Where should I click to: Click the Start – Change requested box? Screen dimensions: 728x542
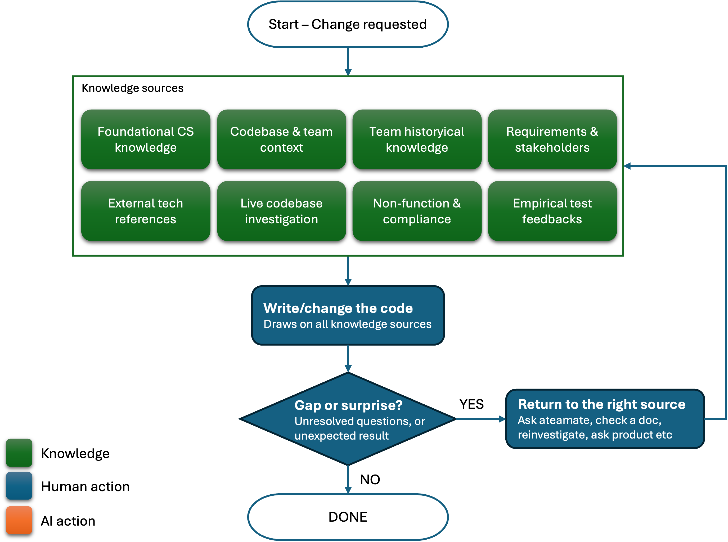tap(348, 24)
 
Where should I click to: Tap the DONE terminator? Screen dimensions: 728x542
tap(348, 517)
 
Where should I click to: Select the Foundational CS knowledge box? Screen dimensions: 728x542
tap(146, 139)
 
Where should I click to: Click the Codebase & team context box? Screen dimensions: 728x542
tap(282, 139)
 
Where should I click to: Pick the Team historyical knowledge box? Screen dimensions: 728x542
tap(417, 139)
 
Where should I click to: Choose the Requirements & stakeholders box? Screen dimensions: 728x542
tap(552, 139)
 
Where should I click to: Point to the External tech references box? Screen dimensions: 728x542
tap(146, 211)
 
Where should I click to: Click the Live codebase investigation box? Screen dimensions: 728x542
tap(282, 211)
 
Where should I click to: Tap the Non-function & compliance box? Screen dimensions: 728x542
tap(417, 211)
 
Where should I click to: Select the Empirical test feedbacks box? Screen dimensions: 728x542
tap(552, 211)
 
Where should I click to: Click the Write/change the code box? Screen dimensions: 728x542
tap(348, 315)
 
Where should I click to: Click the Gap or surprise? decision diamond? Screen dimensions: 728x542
tap(348, 419)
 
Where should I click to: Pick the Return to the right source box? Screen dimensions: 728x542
tap(605, 419)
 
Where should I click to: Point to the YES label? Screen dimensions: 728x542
tap(471, 404)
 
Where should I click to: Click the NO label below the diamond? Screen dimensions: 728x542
tap(370, 480)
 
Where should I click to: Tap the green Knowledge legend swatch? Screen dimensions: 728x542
tap(19, 453)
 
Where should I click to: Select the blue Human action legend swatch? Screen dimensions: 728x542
tap(19, 486)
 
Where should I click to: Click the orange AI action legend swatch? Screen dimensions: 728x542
tap(19, 520)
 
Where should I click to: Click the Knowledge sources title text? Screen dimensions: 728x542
tap(133, 88)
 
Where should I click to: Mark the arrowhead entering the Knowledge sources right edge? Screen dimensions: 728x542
tap(627, 166)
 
